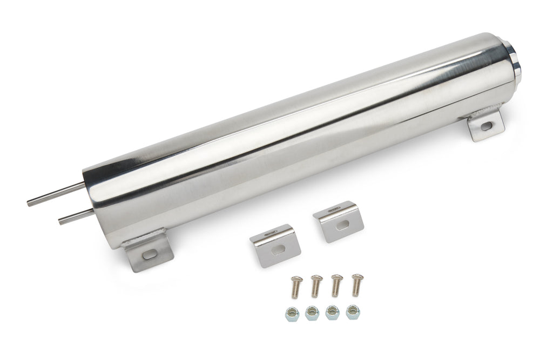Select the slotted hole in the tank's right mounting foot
point(486,126)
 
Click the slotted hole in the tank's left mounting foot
point(150,253)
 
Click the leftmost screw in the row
point(296,286)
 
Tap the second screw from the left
point(316,286)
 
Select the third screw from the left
point(336,284)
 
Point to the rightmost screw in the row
point(356,284)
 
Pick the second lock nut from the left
point(312,313)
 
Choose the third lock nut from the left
point(333,312)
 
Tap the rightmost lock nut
point(353,311)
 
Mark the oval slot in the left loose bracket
point(279,249)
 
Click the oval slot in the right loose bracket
point(342,225)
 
